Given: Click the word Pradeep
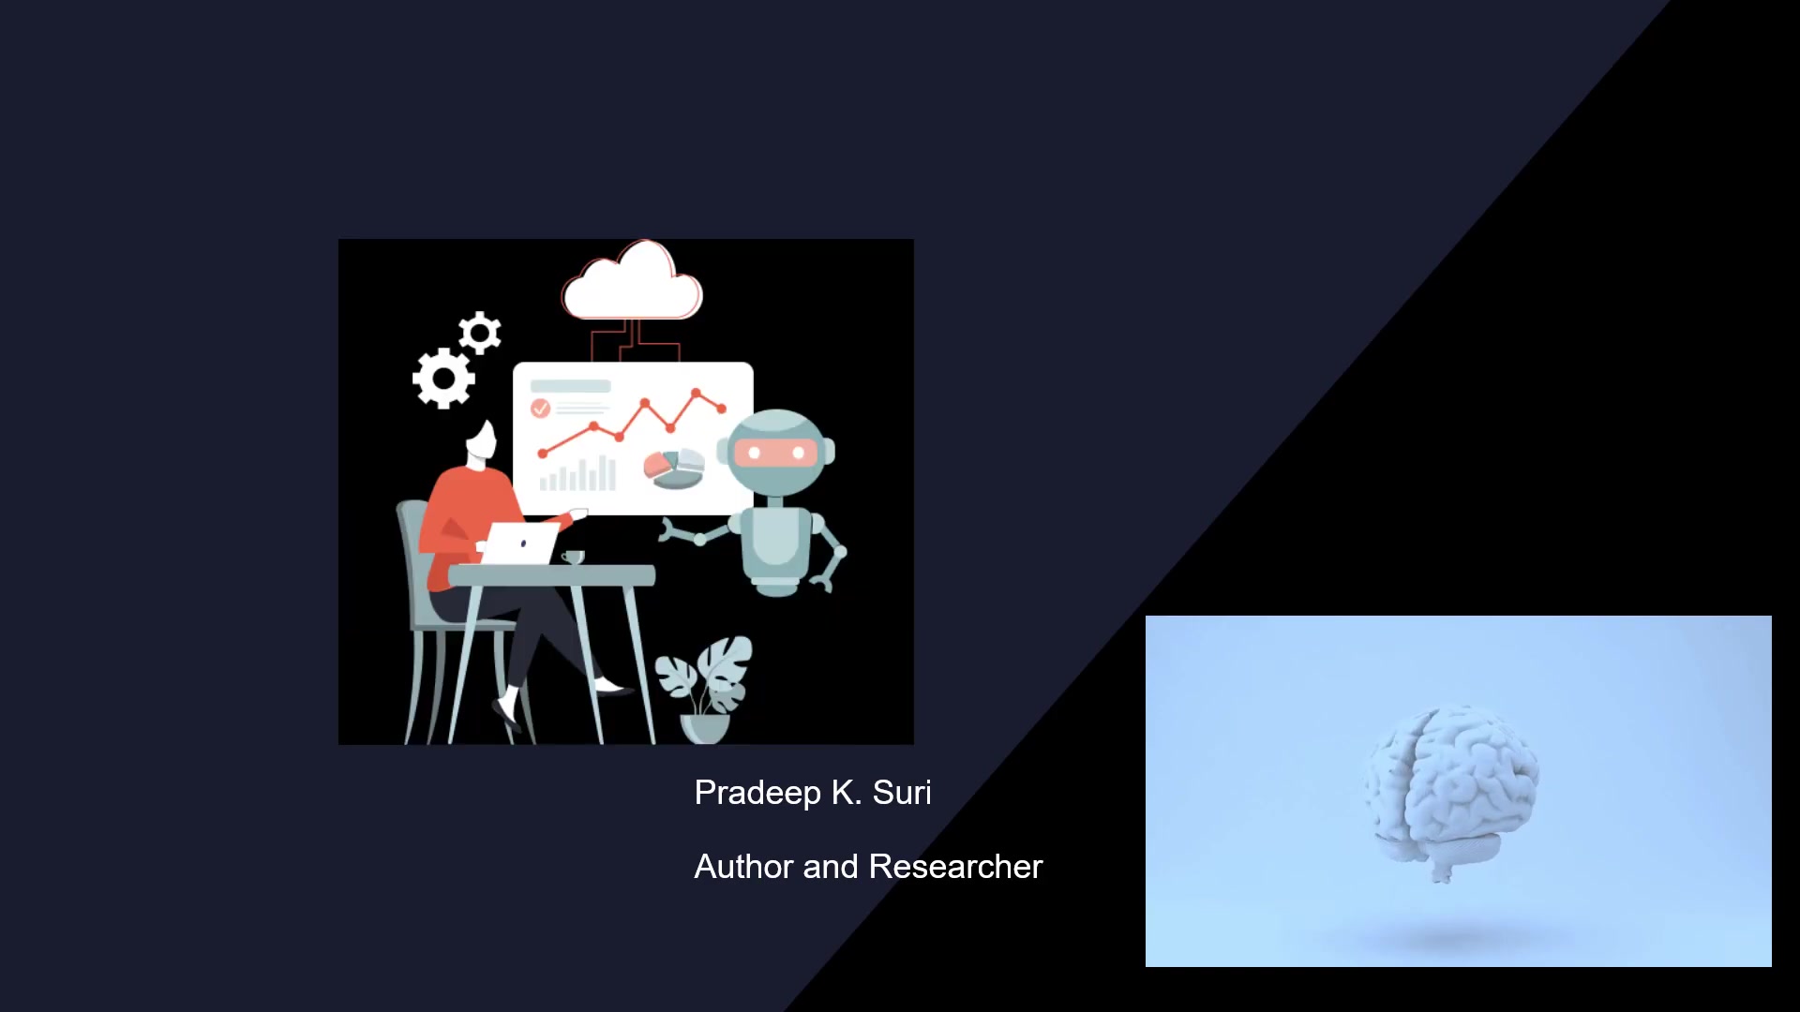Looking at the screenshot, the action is click(757, 794).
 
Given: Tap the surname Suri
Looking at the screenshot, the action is click(902, 793).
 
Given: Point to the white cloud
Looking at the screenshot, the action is click(633, 284).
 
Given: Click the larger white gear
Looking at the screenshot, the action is click(443, 378).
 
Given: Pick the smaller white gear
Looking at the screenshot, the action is click(480, 333).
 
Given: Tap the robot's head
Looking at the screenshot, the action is click(776, 453).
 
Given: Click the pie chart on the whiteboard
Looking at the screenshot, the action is click(674, 469).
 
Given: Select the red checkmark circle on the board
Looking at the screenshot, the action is click(540, 409).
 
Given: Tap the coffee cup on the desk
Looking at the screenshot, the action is click(573, 558).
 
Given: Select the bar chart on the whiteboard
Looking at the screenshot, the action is click(577, 474).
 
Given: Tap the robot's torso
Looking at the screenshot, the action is click(776, 548).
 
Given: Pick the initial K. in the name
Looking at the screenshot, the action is click(846, 793).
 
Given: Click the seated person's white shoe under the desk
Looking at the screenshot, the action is click(507, 709).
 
